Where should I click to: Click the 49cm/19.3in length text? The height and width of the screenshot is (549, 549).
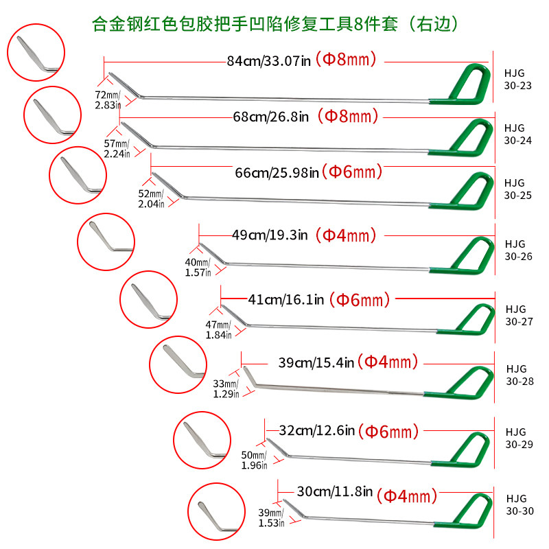pos(270,235)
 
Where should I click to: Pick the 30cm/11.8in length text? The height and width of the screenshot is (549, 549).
pos(334,491)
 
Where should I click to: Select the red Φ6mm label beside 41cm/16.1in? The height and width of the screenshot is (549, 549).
pos(359,299)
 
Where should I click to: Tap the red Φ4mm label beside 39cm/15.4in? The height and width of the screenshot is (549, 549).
pos(389,361)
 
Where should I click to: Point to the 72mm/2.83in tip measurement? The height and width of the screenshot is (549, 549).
pos(108,99)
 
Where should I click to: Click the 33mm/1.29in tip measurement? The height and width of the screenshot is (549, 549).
pos(226,388)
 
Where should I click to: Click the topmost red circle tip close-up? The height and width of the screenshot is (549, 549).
pos(35,51)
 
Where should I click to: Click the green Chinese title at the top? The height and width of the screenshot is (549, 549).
pos(274,23)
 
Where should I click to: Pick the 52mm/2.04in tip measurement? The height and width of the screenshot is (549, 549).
pos(151,199)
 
